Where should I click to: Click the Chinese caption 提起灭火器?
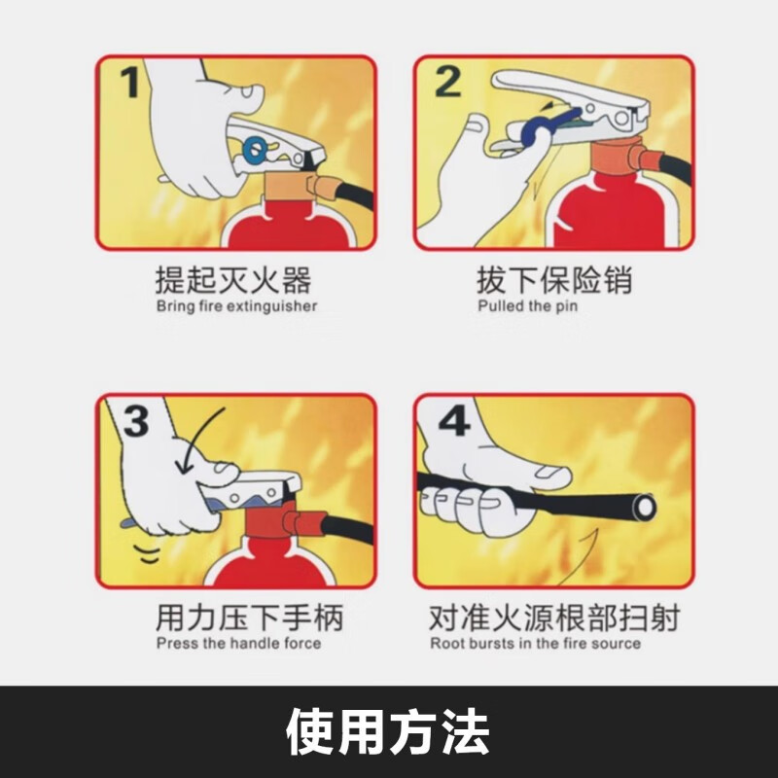pos(233,281)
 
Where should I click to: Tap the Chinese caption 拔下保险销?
pos(553,281)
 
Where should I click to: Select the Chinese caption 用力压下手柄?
pos(249,618)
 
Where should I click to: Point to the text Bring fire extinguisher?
pos(236,306)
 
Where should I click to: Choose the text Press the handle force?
pos(238,643)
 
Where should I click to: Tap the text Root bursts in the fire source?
pos(535,643)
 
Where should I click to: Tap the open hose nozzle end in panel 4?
pos(643,506)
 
